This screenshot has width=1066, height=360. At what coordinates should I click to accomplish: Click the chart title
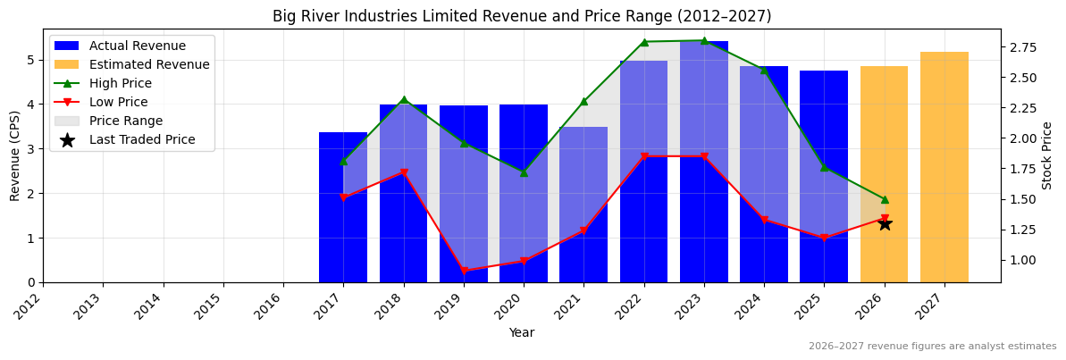click(x=522, y=16)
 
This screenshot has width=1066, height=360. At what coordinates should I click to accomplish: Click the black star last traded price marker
click(x=885, y=223)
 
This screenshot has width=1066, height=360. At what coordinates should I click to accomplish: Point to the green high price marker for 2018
click(x=403, y=100)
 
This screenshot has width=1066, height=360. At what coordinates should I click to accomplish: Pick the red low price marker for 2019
click(x=464, y=271)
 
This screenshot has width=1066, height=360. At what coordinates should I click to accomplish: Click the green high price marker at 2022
click(x=643, y=42)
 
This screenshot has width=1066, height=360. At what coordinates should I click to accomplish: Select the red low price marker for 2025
click(x=824, y=238)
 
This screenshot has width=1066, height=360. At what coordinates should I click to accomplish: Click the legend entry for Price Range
click(x=126, y=121)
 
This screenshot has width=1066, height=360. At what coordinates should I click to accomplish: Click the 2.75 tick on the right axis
click(x=1022, y=47)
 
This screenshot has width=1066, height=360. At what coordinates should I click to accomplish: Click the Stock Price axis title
click(x=1047, y=155)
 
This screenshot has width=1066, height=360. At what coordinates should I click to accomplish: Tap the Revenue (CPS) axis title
click(x=15, y=155)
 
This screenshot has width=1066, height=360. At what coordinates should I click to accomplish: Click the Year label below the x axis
click(x=522, y=332)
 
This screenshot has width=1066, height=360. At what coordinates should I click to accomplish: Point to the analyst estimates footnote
click(x=932, y=347)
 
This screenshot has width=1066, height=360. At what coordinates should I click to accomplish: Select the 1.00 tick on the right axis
click(x=1022, y=260)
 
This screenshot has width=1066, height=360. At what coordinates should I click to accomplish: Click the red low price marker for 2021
click(x=583, y=230)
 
